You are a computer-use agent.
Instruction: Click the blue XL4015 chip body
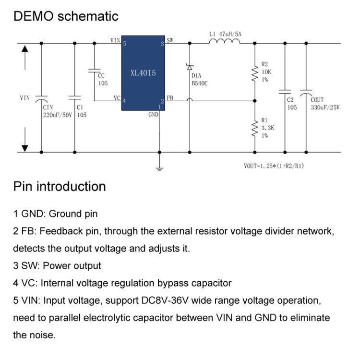[x=143, y=73]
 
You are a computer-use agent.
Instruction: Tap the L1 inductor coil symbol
[x=224, y=43]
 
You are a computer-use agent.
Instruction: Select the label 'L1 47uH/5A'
[x=225, y=35]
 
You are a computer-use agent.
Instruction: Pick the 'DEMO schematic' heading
[x=66, y=16]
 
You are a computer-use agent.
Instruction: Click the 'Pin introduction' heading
[x=60, y=186]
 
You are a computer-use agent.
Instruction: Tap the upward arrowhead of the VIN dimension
[x=25, y=48]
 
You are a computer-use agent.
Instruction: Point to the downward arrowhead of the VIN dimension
[x=25, y=147]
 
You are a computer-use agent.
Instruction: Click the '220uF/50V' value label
[x=58, y=115]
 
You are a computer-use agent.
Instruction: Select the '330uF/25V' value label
[x=324, y=108]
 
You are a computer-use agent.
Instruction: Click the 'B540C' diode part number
[x=199, y=83]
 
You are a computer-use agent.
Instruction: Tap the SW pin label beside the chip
[x=170, y=40]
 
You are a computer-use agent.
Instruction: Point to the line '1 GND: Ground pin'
[x=55, y=214]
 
